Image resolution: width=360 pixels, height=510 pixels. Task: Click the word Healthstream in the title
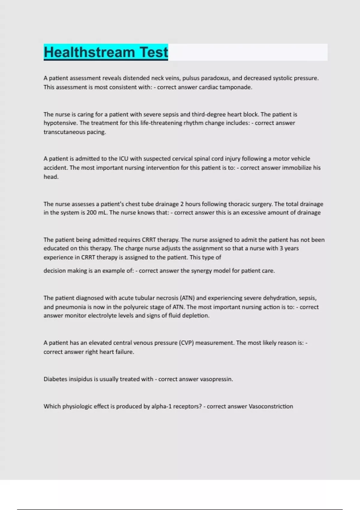[x=89, y=52]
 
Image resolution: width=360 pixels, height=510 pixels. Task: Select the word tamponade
[x=236, y=87]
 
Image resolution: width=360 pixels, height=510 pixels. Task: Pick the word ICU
[x=124, y=159]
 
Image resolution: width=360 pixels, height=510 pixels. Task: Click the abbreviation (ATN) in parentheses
[x=187, y=298]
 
